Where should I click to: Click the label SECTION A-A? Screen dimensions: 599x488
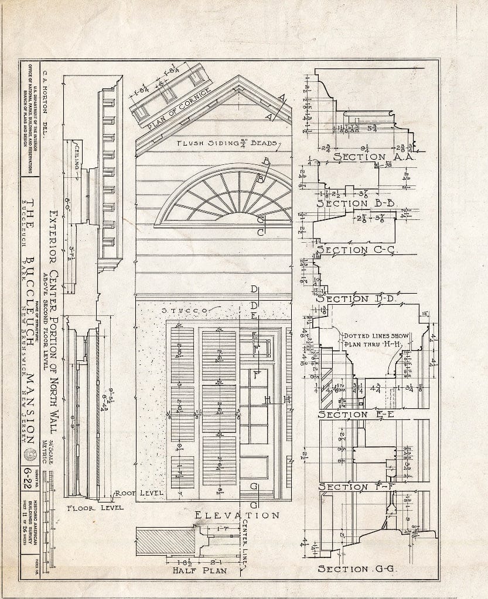(x=366, y=157)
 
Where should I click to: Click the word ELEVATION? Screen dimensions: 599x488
(x=237, y=515)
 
